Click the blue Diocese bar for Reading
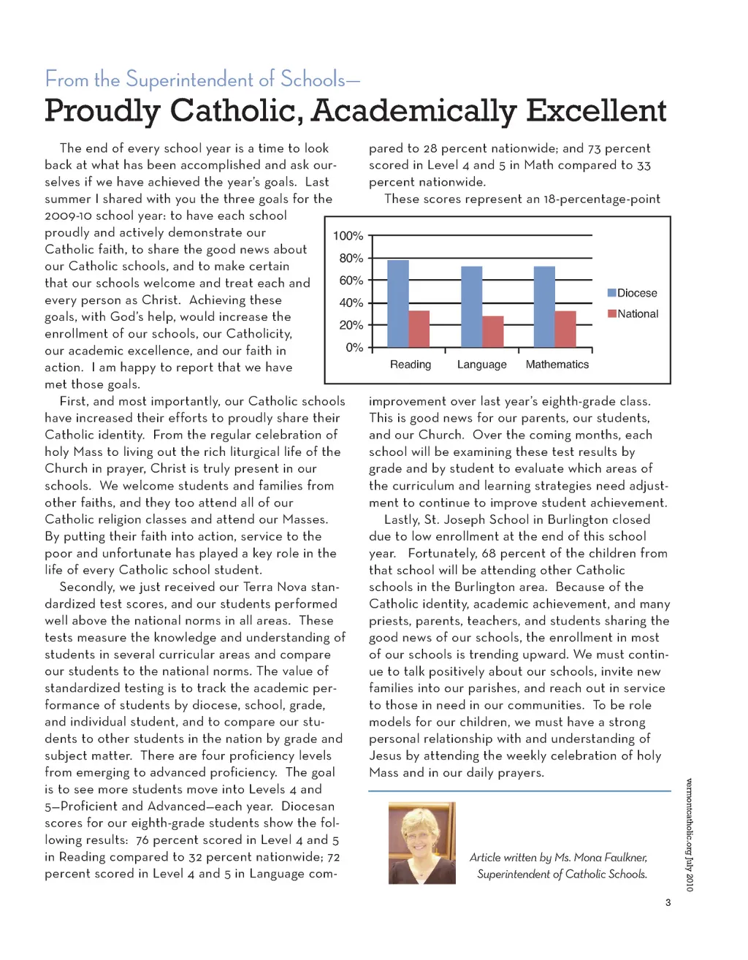[398, 303]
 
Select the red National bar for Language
[493, 332]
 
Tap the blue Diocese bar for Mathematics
[544, 307]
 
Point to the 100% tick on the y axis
[348, 236]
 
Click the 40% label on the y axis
[351, 302]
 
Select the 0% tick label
[354, 347]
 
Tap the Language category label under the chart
[481, 365]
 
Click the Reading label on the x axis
[411, 365]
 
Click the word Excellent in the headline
[596, 111]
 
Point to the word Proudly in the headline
[102, 111]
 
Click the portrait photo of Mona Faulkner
[421, 843]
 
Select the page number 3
[668, 902]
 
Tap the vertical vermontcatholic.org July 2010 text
[689, 835]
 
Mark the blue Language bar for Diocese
[472, 307]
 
